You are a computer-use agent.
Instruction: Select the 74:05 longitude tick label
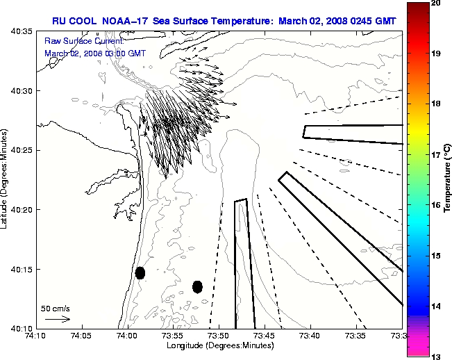tap(82, 336)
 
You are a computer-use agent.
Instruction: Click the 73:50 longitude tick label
tap(219, 336)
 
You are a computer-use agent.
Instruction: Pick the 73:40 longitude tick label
tap(310, 336)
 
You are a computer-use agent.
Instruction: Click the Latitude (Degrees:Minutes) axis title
tap(6, 180)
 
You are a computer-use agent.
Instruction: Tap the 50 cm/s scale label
tap(56, 308)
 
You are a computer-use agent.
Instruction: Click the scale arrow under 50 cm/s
tap(58, 319)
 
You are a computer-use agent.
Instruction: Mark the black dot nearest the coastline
tap(140, 272)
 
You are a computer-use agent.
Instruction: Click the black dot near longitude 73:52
tap(197, 286)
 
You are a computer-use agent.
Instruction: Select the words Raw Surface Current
tap(74, 42)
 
